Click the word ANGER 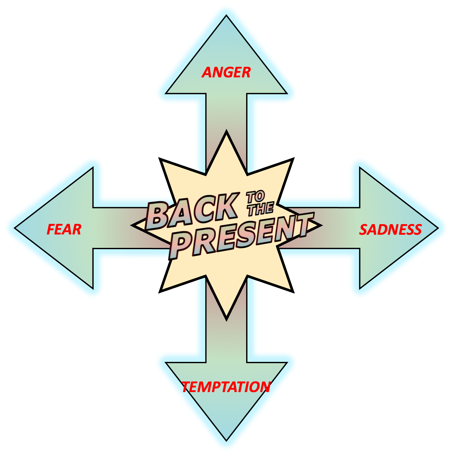[226, 72]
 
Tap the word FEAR [64, 230]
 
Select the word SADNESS [390, 230]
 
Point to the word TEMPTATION [226, 387]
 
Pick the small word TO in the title [255, 197]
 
